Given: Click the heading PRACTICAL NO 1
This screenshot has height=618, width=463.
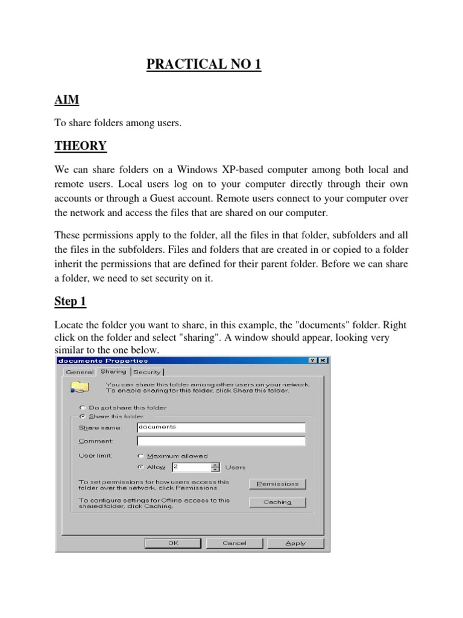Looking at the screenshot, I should [x=204, y=65].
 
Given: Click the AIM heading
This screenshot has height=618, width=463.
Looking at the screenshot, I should [x=66, y=100].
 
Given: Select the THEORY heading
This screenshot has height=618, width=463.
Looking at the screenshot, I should [x=81, y=145].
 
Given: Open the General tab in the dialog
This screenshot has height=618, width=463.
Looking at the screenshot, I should [x=80, y=372].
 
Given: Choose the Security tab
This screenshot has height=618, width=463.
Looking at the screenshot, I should [x=147, y=372].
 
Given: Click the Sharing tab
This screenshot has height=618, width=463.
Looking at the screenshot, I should [x=113, y=372].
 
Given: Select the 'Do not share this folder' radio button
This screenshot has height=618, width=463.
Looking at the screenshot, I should [x=83, y=407].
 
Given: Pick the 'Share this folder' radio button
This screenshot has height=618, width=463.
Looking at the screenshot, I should [x=83, y=416].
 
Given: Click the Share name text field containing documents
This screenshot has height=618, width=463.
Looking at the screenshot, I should [x=221, y=427].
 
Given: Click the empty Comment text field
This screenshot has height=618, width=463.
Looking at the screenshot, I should [x=221, y=441].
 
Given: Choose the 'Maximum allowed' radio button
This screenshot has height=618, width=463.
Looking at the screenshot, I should [x=140, y=456].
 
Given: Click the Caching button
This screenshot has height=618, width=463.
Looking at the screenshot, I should [x=277, y=502].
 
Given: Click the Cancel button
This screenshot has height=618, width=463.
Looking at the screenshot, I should [x=235, y=543].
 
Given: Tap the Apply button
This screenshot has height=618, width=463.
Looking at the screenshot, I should [x=295, y=543].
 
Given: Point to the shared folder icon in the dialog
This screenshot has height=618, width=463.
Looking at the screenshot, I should [x=80, y=387].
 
